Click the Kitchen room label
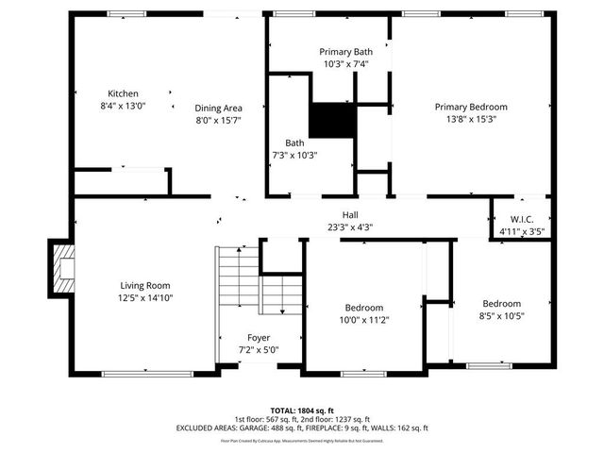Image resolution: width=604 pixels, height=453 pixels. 123,93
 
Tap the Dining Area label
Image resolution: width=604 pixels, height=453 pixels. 218,107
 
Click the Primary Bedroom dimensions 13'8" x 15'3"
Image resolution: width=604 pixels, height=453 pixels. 471,119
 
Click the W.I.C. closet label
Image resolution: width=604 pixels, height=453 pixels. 521,219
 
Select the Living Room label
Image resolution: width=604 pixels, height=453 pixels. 145,285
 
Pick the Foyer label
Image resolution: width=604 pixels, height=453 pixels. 259,338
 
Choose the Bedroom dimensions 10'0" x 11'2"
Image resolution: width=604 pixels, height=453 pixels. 363,320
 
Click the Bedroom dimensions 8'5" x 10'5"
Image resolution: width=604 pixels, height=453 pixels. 501,315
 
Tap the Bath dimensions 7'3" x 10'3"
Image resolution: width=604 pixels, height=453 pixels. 294,155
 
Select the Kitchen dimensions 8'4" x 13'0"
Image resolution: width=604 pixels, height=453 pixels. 123,106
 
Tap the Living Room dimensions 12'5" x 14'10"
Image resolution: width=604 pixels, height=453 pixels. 145,297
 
